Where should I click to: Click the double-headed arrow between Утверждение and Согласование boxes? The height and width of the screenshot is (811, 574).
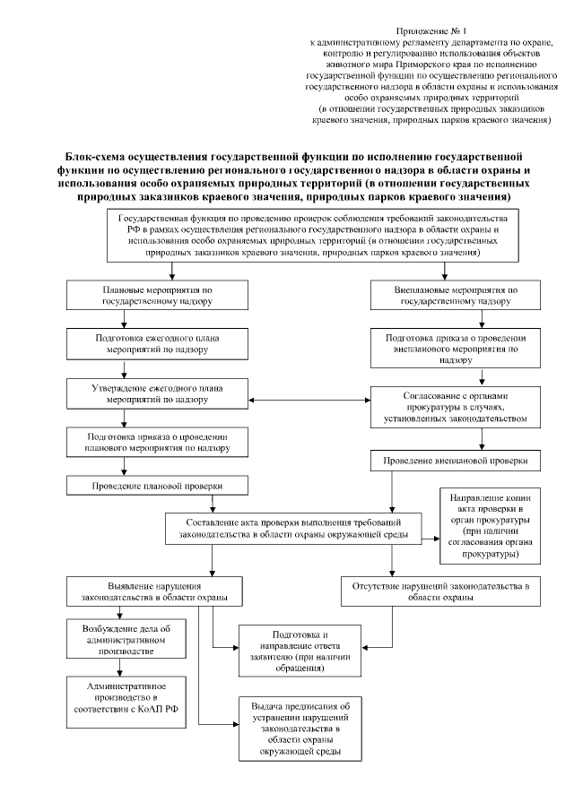pos(310,400)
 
